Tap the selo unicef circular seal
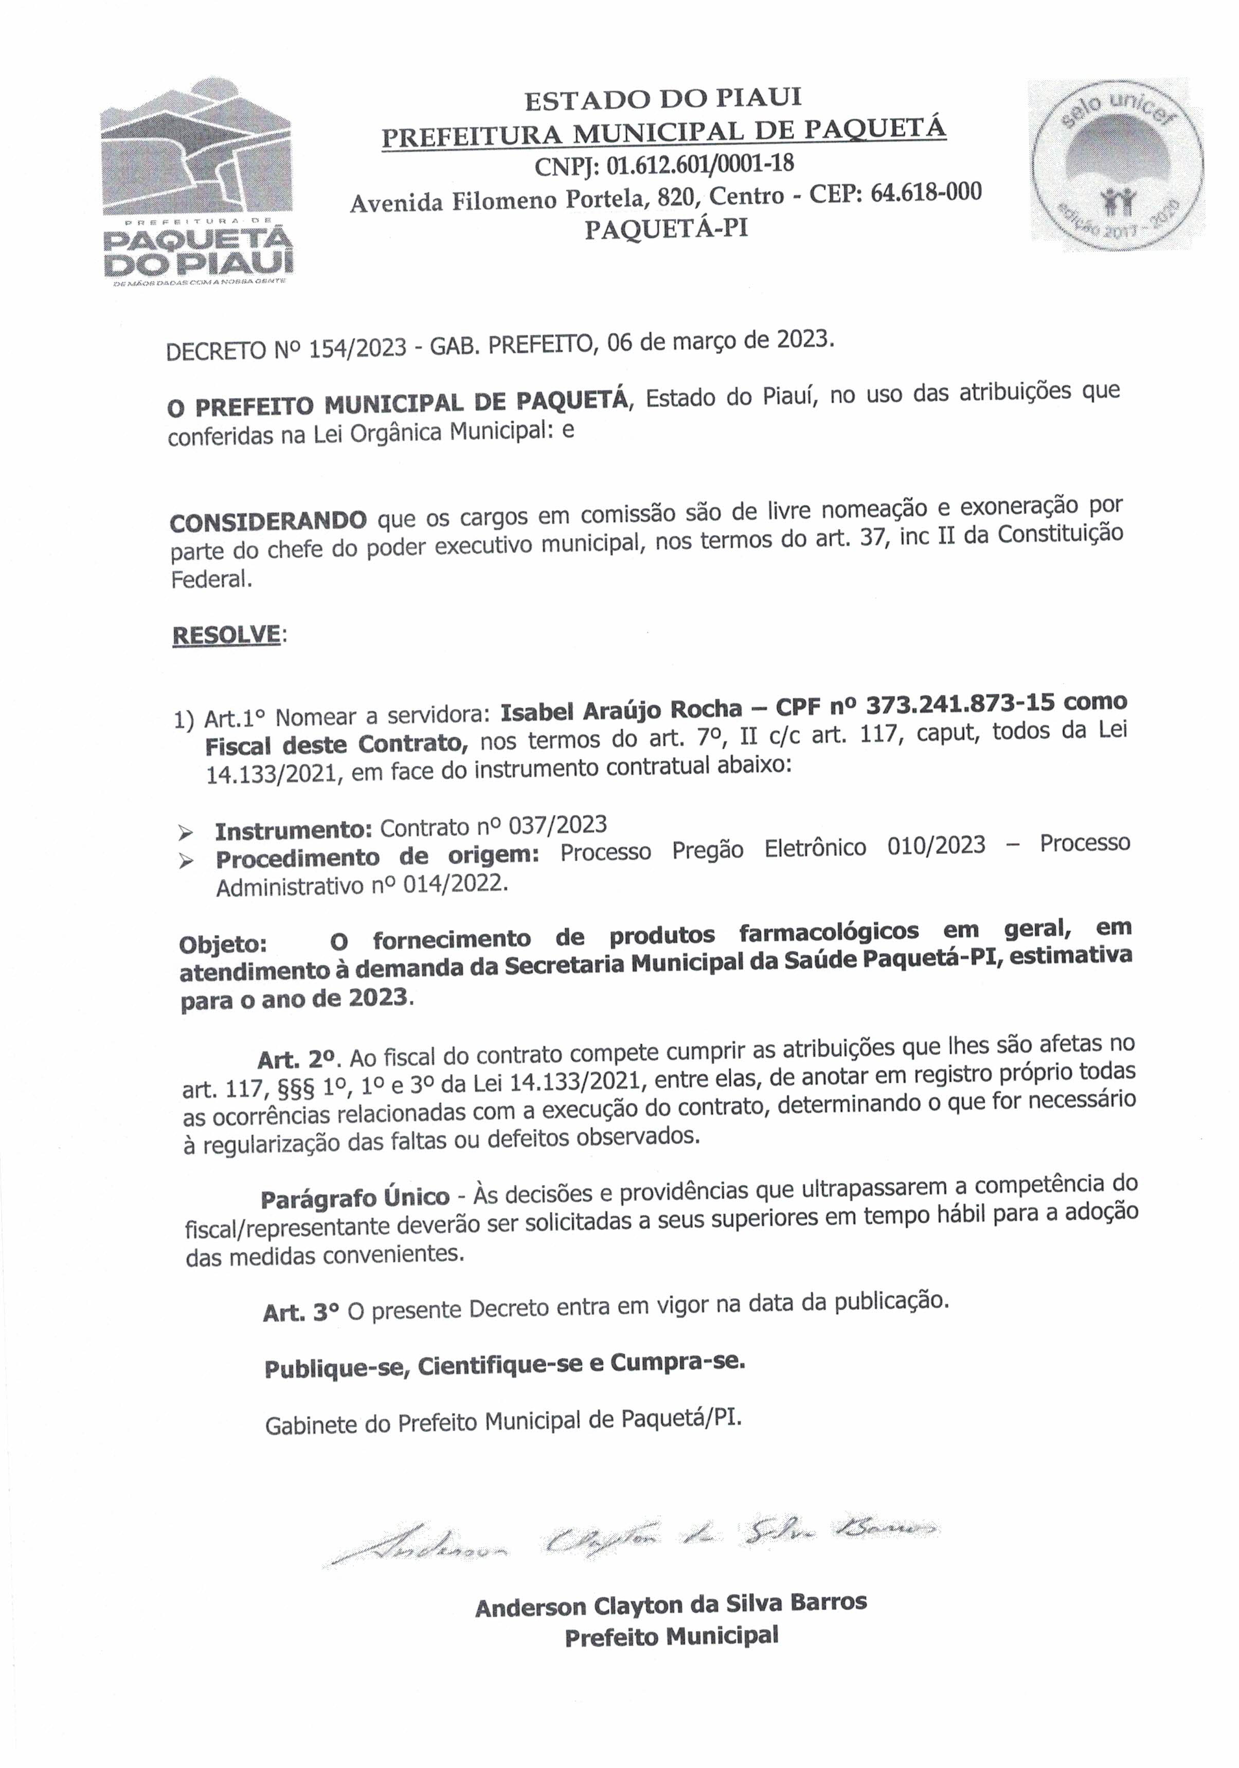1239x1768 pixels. coord(1118,164)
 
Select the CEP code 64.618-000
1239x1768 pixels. coord(926,192)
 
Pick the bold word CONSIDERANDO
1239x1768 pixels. coord(268,521)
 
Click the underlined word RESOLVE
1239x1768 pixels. coord(226,634)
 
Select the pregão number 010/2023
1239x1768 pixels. coord(936,846)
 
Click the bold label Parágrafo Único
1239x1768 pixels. coord(355,1198)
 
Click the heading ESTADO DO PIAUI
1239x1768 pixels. coord(662,99)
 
